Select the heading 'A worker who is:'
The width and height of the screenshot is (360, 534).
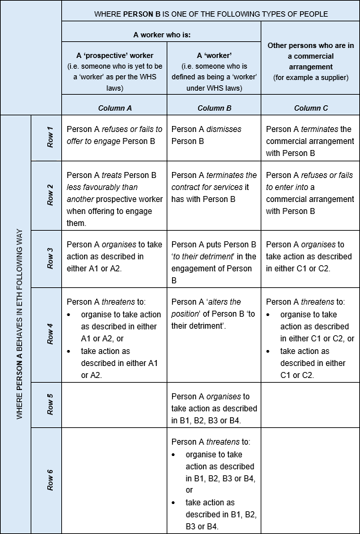click(161, 31)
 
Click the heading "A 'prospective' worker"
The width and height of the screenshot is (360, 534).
click(114, 55)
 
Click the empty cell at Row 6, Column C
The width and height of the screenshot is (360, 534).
click(310, 480)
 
